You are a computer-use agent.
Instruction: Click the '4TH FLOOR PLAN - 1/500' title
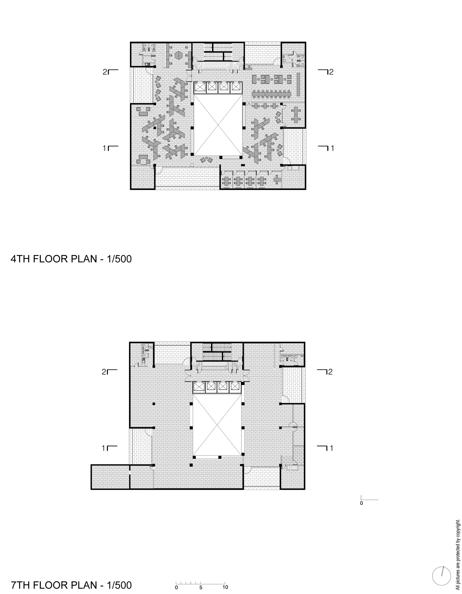coord(71,259)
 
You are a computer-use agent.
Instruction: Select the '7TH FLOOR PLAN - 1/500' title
coord(71,585)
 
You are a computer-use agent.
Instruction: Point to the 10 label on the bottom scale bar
coord(225,587)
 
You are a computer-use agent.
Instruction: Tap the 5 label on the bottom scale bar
coord(201,587)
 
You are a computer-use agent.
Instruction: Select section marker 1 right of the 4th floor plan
coord(326,148)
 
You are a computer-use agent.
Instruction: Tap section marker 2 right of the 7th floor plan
coord(325,372)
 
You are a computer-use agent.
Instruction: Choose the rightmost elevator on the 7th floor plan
coord(234,387)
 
